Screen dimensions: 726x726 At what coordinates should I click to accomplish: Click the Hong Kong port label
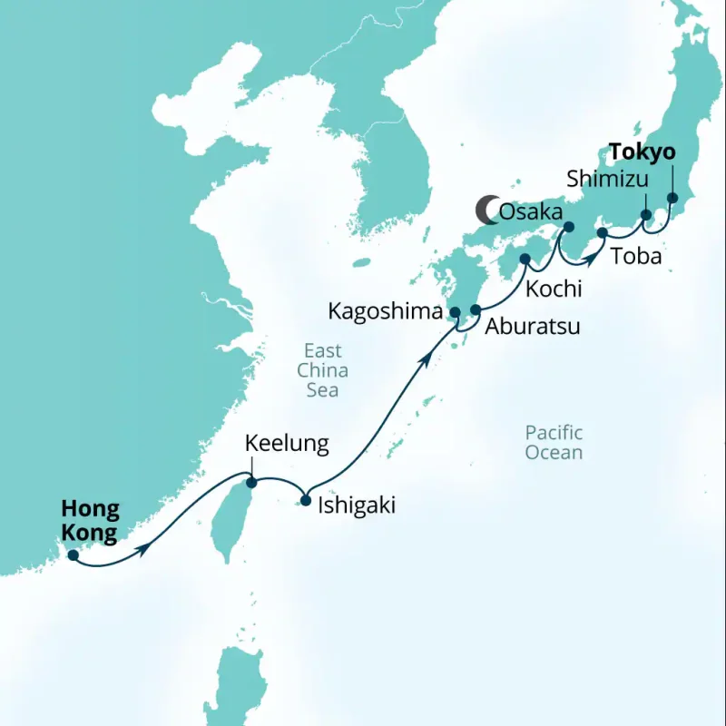[x=90, y=522]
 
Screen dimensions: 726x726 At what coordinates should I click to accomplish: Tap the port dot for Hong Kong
[x=73, y=554]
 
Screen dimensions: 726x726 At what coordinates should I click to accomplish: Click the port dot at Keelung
[x=252, y=483]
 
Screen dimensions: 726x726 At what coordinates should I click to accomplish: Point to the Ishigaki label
[x=357, y=505]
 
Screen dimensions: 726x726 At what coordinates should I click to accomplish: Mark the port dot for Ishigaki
[x=306, y=499]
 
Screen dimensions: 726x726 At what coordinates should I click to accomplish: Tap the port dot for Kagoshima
[x=456, y=313]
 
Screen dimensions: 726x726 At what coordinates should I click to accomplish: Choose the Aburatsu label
[x=532, y=327]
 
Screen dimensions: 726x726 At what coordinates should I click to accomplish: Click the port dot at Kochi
[x=525, y=260]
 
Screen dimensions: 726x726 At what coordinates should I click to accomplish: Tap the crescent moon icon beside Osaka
[x=487, y=211]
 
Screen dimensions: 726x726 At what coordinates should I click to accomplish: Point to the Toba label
[x=636, y=256]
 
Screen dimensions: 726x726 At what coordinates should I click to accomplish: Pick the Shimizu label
[x=607, y=178]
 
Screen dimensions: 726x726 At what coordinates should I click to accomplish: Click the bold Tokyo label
[x=643, y=151]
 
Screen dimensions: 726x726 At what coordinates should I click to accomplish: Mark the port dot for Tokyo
[x=672, y=198]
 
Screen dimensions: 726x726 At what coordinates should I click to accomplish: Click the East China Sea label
[x=322, y=370]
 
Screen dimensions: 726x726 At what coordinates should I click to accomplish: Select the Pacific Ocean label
[x=554, y=443]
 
